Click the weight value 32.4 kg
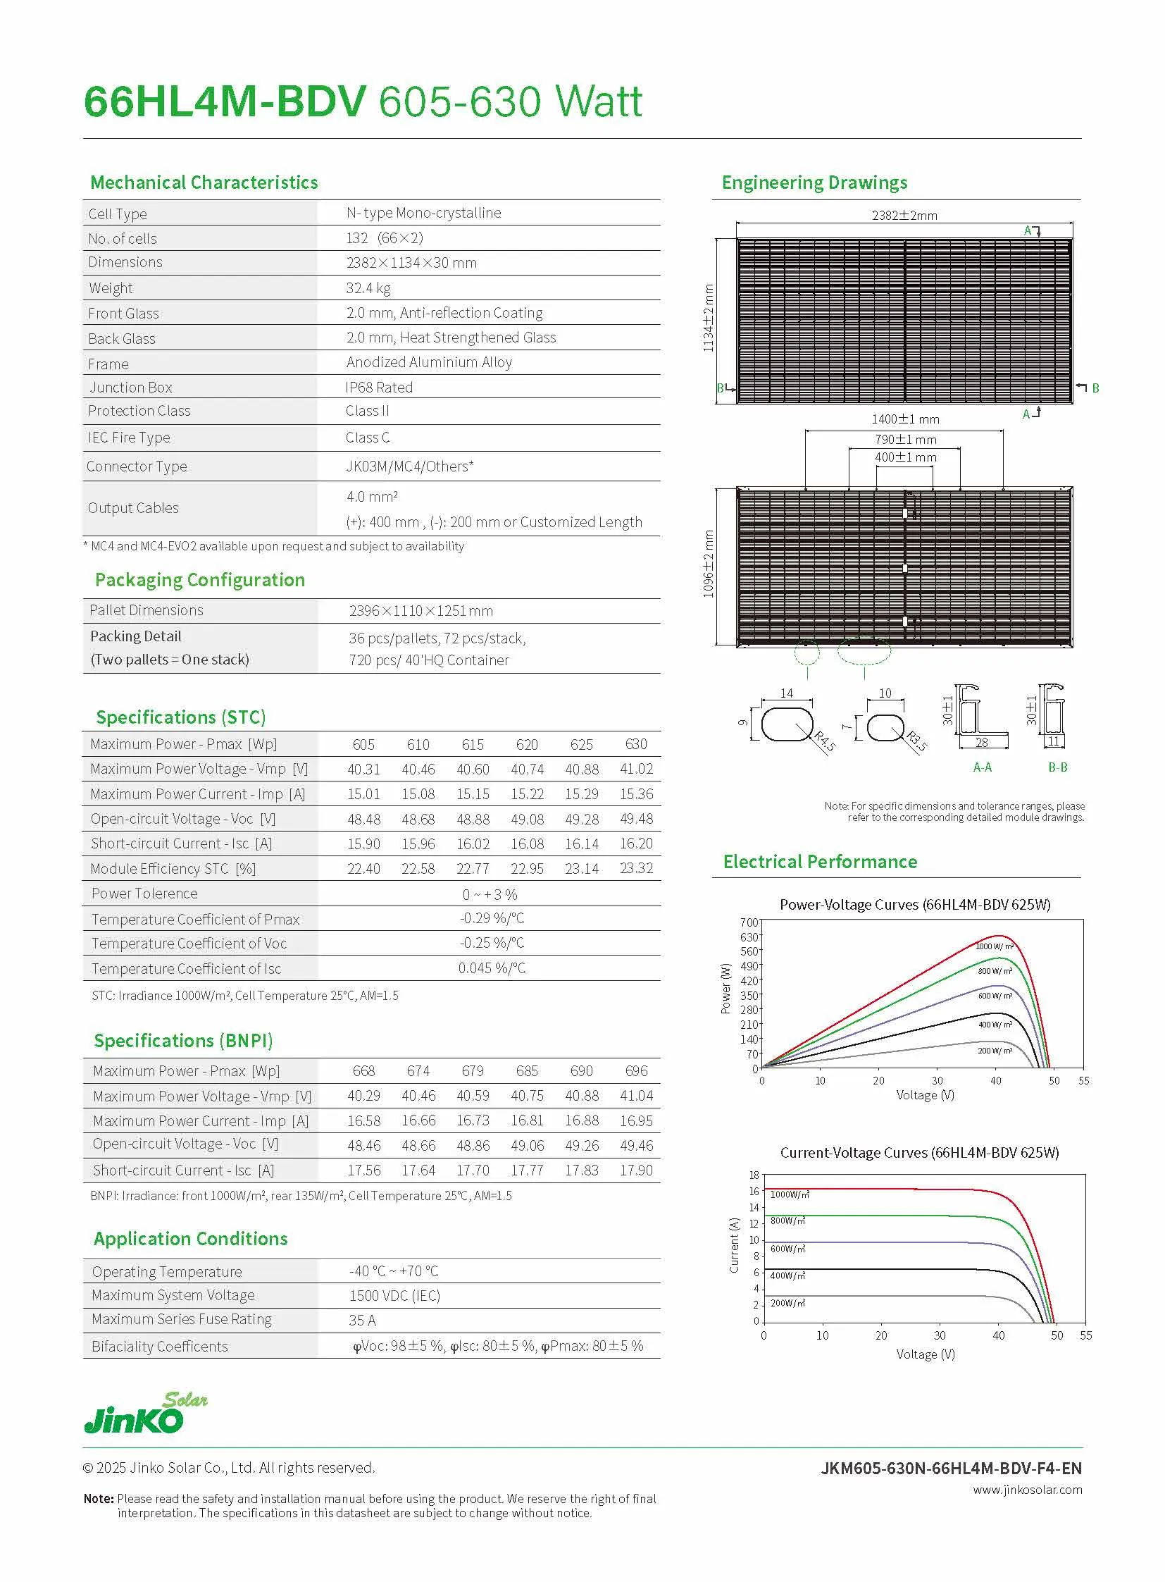[x=368, y=288]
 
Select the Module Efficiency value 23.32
[x=636, y=868]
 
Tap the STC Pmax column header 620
[x=527, y=744]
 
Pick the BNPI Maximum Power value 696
[x=636, y=1071]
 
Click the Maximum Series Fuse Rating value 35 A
[x=363, y=1321]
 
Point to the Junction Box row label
[x=131, y=388]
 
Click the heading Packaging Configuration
[x=200, y=580]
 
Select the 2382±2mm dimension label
[x=904, y=215]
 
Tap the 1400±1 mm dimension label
[x=906, y=419]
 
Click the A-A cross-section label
[x=983, y=767]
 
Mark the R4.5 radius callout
[x=824, y=741]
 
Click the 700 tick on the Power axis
[x=749, y=922]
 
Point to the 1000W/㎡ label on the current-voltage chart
[x=789, y=1194]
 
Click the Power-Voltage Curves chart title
[x=915, y=905]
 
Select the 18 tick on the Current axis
[x=754, y=1175]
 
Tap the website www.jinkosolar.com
[x=1027, y=1490]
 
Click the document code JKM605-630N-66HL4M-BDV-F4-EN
[x=951, y=1468]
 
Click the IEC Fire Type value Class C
[x=368, y=438]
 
